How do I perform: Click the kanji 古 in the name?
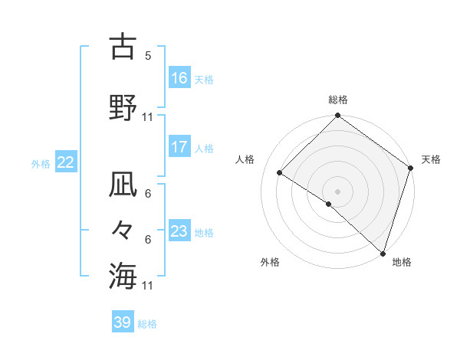(x=123, y=47)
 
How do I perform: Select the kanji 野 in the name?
(x=123, y=108)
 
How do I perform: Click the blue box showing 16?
(x=179, y=78)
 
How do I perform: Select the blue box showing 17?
(x=179, y=147)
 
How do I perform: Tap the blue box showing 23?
(x=179, y=231)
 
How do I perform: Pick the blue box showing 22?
(x=66, y=162)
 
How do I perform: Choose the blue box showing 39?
(x=123, y=322)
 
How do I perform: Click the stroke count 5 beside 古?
(x=147, y=56)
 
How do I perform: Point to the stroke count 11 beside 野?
(x=147, y=117)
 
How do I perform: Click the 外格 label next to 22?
(x=41, y=163)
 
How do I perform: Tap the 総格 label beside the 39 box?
(x=147, y=324)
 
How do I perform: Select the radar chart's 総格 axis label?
(x=337, y=100)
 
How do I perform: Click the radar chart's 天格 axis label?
(x=431, y=159)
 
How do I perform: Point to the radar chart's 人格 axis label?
(x=245, y=159)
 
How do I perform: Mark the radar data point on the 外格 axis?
(x=329, y=205)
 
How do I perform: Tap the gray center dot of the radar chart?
(x=337, y=191)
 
